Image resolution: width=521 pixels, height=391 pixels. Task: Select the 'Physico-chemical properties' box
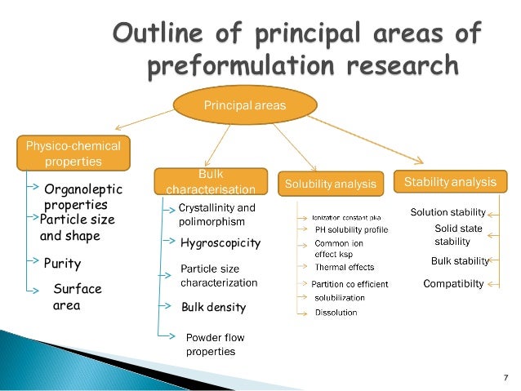pos(73,153)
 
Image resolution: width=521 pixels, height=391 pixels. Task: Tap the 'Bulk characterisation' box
pos(211,182)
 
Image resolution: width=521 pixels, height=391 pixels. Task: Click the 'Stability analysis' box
pos(449,180)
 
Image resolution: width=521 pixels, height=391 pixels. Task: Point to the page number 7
pos(505,376)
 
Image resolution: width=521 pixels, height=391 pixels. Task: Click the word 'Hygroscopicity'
pos(220,243)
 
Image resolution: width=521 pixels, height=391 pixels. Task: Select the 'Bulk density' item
pos(213,309)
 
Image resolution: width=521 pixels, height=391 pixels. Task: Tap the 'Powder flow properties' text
pos(215,344)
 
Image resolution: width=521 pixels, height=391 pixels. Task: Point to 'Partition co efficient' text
pos(350,284)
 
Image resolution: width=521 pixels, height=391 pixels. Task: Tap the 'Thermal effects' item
pos(344,267)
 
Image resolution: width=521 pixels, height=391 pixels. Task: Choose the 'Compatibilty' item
pos(453,284)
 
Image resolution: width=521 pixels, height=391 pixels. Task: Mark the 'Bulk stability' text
pos(459,261)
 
